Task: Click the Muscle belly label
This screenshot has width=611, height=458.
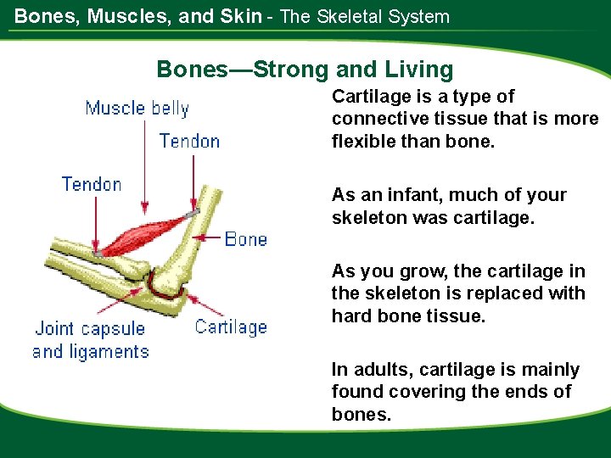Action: (137, 109)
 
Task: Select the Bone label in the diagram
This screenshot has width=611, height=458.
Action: (245, 240)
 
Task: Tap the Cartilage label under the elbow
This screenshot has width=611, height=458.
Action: (231, 327)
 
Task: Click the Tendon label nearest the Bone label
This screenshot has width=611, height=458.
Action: (189, 142)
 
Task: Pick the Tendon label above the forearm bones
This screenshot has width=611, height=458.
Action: (92, 184)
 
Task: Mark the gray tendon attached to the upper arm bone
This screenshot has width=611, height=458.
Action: (194, 212)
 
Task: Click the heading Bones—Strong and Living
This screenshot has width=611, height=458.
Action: (305, 70)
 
